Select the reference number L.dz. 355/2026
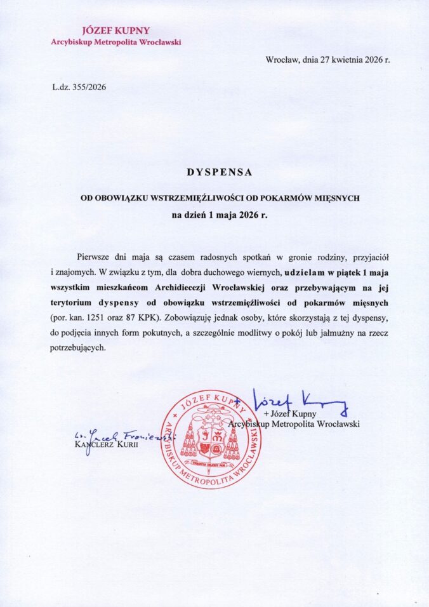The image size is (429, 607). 79,88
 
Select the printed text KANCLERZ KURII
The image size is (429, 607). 105,444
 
